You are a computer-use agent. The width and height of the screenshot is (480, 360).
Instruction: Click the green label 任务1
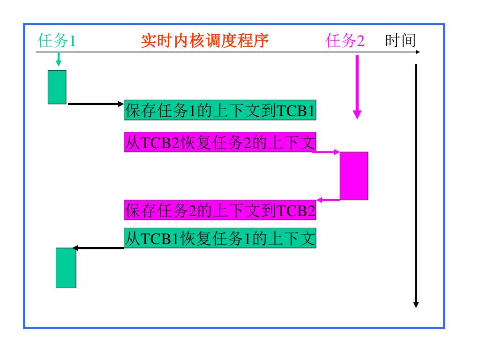[56, 42]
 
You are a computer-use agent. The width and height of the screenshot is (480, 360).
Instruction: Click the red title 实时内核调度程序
[205, 42]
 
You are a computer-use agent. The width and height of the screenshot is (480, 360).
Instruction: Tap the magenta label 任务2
[345, 42]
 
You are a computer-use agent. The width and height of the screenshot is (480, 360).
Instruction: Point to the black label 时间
[400, 42]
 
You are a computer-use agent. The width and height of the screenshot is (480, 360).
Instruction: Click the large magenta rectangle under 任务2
[354, 176]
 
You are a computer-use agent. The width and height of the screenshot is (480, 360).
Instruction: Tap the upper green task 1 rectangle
[57, 87]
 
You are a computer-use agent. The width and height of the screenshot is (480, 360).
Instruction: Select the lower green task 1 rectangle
[66, 268]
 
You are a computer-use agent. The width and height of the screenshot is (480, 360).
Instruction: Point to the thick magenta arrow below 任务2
[357, 87]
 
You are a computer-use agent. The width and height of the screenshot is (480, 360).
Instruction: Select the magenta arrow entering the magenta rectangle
[326, 152]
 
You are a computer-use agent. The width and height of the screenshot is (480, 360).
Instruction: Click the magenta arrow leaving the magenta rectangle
[328, 200]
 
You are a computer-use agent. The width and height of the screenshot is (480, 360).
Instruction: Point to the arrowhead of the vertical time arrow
[416, 305]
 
